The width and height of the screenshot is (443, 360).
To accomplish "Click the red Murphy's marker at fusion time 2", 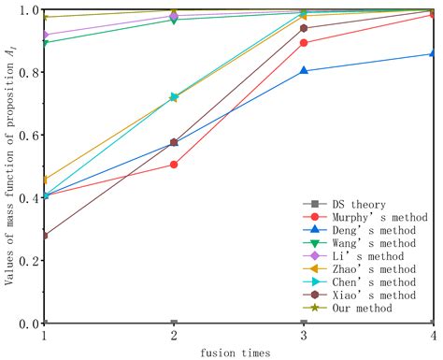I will [174, 165].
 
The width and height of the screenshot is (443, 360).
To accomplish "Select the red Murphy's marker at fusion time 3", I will [304, 43].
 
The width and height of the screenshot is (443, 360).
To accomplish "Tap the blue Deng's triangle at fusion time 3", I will [304, 70].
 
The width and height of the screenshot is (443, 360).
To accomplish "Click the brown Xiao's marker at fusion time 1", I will [45, 236].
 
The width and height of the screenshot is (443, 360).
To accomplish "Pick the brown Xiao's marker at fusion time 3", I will [304, 28].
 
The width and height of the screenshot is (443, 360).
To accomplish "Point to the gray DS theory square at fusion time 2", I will [174, 323].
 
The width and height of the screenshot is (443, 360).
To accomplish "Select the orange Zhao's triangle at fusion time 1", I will [46, 179].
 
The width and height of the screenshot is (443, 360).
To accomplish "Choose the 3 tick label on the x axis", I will [304, 335].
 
